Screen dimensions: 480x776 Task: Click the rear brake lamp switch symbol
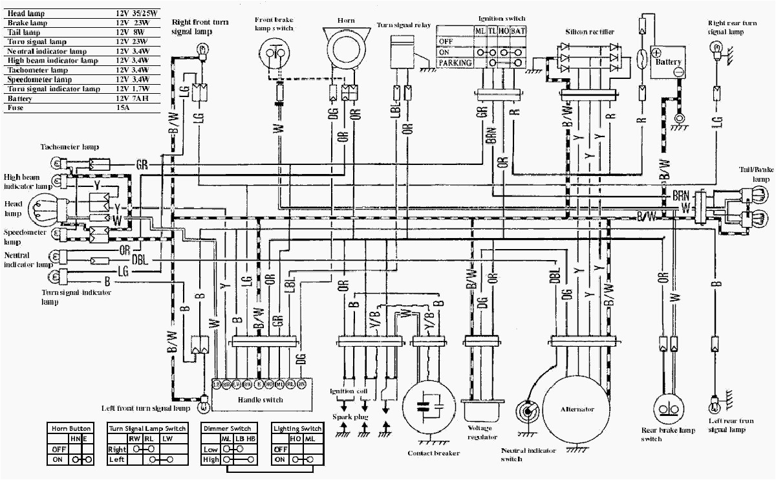coord(669,409)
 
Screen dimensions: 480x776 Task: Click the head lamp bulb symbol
coord(49,209)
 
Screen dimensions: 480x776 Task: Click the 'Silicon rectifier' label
coord(589,31)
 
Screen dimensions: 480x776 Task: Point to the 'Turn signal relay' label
coord(405,25)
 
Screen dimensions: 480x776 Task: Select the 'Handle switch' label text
coord(261,400)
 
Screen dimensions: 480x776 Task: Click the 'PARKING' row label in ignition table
coord(455,63)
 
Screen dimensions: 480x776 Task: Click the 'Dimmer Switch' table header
coord(227,428)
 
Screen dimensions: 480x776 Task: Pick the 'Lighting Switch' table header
coord(297,428)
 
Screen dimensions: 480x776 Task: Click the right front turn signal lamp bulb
coord(202,47)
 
